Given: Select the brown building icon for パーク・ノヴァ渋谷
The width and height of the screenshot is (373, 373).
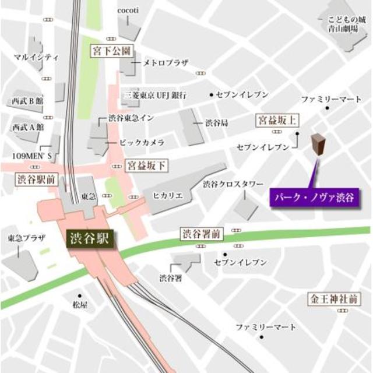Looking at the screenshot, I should [x=318, y=146].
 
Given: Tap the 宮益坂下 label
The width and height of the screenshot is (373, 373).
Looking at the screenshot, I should [x=146, y=166].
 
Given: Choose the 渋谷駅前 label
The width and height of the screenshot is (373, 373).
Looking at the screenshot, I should [x=36, y=179].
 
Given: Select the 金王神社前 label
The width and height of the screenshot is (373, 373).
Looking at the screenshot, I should [x=333, y=300].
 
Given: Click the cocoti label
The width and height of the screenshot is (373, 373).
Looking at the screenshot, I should [x=127, y=10].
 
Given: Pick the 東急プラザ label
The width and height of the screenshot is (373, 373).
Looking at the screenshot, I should [x=22, y=238].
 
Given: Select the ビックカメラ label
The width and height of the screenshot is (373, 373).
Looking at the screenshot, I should [x=142, y=142].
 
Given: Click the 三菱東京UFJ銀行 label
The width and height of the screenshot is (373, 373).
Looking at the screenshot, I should [x=154, y=94].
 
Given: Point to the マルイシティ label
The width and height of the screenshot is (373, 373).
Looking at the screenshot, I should [x=36, y=57].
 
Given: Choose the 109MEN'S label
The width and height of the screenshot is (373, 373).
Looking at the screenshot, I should [x=33, y=156].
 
